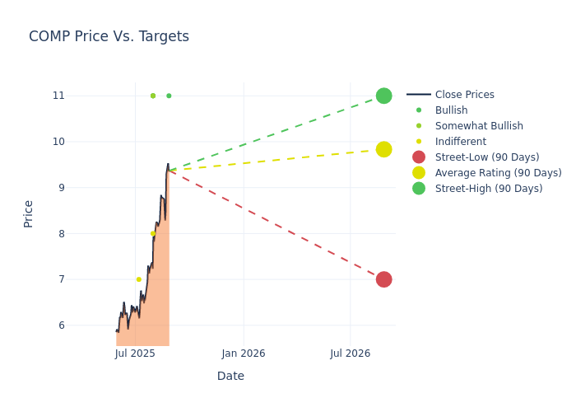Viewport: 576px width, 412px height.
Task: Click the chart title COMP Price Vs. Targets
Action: tap(109, 36)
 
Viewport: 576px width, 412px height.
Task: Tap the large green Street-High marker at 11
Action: tap(383, 96)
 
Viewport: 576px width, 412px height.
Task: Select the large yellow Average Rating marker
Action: tap(383, 149)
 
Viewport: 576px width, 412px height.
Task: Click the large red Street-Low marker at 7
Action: tap(383, 279)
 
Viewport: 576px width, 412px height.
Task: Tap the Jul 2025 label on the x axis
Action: tap(135, 354)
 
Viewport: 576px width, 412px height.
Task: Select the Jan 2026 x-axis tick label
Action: tap(244, 354)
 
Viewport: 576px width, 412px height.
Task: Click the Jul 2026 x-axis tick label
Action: tap(351, 354)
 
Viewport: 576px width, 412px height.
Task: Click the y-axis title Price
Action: tap(29, 213)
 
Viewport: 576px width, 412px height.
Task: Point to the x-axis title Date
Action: tap(230, 377)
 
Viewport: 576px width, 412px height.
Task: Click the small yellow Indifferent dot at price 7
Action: tap(138, 279)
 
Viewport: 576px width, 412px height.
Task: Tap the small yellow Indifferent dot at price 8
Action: tap(152, 233)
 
